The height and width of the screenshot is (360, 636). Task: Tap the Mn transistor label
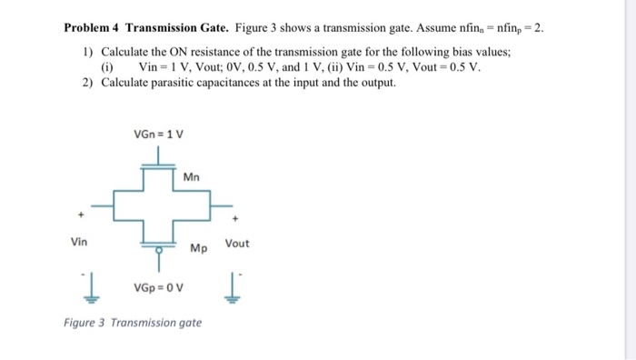pyautogui.click(x=191, y=176)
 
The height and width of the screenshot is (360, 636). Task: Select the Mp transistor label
pyautogui.click(x=198, y=247)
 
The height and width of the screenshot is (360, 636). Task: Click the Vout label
pyautogui.click(x=236, y=244)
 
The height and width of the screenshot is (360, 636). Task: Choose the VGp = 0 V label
pyautogui.click(x=158, y=289)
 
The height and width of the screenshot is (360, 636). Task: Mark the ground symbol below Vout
pyautogui.click(x=237, y=289)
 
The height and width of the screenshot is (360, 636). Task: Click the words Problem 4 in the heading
pyautogui.click(x=94, y=27)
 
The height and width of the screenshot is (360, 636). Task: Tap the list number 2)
pyautogui.click(x=87, y=83)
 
